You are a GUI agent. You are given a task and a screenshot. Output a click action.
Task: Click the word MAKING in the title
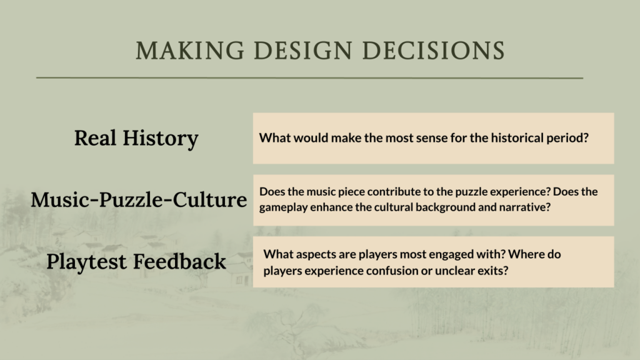(190, 51)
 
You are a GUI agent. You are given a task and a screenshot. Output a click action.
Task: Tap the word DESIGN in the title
(302, 51)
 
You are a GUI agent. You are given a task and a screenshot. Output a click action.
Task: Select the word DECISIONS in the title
(434, 51)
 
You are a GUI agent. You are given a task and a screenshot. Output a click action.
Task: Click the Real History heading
(136, 138)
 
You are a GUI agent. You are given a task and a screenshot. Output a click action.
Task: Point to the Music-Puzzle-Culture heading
(139, 199)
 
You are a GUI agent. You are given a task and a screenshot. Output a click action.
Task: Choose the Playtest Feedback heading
(136, 261)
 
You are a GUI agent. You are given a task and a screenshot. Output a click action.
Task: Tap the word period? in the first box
(567, 139)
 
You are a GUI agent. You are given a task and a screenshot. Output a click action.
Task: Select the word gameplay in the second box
(283, 207)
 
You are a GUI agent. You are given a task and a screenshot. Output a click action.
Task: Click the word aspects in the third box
(315, 255)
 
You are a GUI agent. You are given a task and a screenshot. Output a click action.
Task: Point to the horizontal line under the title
(309, 77)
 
